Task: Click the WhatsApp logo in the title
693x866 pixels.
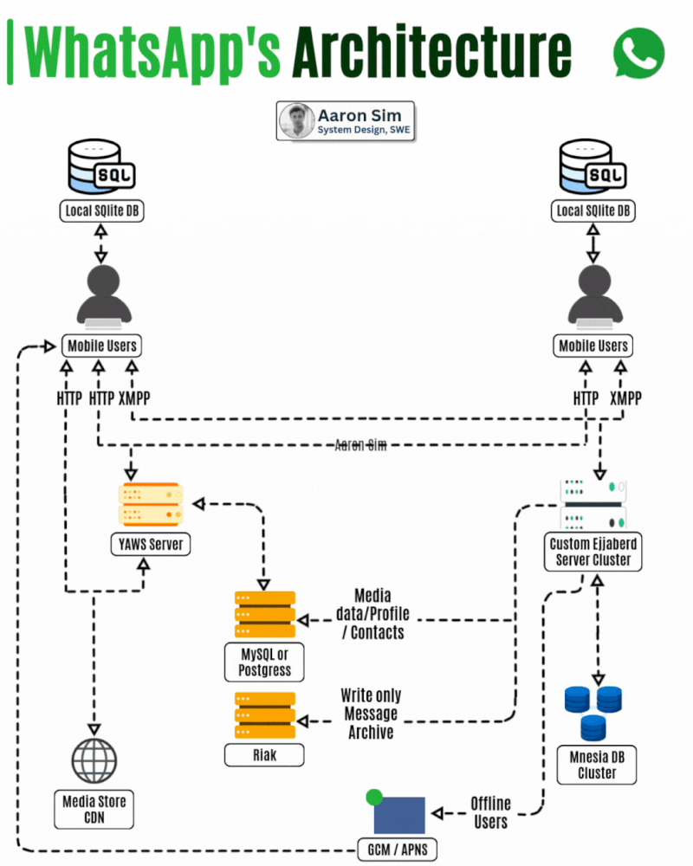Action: tap(638, 54)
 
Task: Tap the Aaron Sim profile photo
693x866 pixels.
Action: tap(297, 120)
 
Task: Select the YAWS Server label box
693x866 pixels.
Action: tap(151, 544)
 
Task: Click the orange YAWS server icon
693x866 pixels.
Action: tap(151, 504)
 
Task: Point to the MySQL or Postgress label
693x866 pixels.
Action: tap(264, 662)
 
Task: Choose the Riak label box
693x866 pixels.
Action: tap(264, 755)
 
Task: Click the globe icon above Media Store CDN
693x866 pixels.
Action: tap(94, 760)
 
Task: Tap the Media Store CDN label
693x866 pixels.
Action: tap(94, 809)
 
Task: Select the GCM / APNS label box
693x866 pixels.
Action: tap(398, 850)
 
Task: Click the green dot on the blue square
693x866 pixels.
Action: tap(374, 797)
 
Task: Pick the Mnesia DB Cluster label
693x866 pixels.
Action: tap(597, 765)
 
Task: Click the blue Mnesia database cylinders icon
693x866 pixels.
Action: tap(593, 713)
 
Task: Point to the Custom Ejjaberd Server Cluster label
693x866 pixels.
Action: tap(593, 551)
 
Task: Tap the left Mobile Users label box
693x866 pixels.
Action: tap(101, 346)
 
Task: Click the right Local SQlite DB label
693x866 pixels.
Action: tap(593, 210)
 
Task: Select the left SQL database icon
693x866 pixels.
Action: tap(100, 166)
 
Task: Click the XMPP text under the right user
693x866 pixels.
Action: tap(625, 398)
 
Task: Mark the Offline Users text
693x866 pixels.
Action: tap(491, 812)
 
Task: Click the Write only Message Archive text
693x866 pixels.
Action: tap(371, 714)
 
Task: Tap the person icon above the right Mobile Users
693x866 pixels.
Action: tap(595, 296)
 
